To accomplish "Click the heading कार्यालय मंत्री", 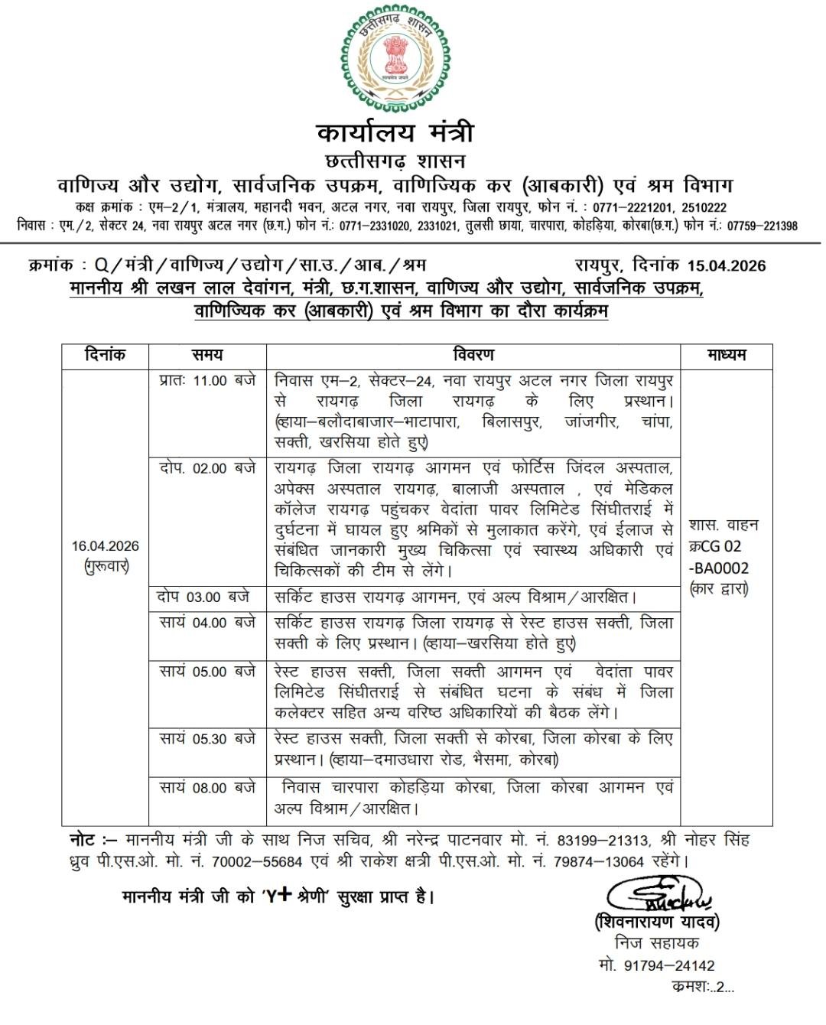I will [395, 132].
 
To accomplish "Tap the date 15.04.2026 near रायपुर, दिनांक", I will [726, 265].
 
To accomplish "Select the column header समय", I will [207, 355].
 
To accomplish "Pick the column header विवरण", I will [473, 355].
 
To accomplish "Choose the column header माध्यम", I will [726, 355].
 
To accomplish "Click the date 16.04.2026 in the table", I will [106, 545].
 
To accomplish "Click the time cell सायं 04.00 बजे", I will [207, 623].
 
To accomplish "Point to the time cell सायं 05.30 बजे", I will [207, 739].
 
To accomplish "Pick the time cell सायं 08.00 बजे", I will [207, 787].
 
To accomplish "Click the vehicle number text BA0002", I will [722, 568].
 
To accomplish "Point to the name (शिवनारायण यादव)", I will [657, 922].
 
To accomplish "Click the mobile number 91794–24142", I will [668, 965].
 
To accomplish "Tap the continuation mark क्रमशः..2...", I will [702, 987].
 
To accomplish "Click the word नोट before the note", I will [83, 840].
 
